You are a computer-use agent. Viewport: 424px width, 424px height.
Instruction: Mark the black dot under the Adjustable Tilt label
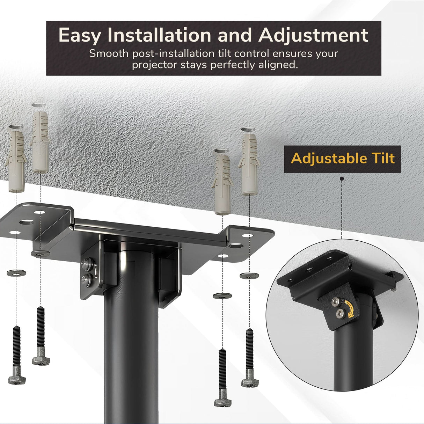point(341,178)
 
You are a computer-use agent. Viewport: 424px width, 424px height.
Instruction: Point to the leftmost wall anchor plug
point(16,161)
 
